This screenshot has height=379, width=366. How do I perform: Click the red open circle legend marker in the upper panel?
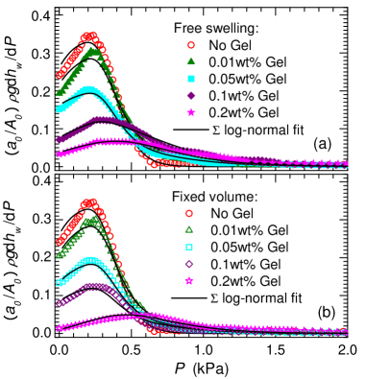(x=191, y=45)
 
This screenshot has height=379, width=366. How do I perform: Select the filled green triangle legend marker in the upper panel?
(x=191, y=61)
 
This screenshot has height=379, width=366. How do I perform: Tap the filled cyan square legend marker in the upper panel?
(x=191, y=79)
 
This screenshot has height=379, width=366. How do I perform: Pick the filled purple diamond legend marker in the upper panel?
(x=191, y=96)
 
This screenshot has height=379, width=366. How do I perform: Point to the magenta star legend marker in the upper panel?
(x=191, y=112)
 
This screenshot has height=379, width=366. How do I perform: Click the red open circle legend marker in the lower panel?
(x=189, y=213)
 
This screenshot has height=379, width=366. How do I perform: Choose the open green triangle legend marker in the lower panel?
(x=189, y=229)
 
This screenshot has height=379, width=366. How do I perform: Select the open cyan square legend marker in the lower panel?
(x=189, y=247)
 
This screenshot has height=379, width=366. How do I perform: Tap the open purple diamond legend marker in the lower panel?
(x=189, y=264)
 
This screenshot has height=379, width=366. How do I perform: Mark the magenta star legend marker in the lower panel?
(x=189, y=280)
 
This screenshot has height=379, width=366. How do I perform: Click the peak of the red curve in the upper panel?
(x=88, y=36)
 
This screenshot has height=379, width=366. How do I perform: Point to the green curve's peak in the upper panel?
(x=90, y=51)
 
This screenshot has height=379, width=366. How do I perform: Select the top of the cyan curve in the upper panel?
(x=89, y=89)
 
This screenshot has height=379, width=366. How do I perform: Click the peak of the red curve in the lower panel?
(x=89, y=202)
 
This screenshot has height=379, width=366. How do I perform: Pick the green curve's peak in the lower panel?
(x=91, y=220)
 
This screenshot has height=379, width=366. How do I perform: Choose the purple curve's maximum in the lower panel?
(x=94, y=285)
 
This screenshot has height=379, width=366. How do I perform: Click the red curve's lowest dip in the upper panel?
(x=154, y=165)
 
